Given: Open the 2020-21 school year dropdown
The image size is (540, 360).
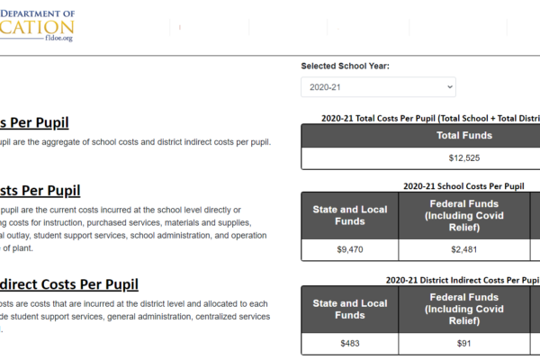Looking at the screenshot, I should (378, 87).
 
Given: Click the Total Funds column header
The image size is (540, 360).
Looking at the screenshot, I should (463, 135).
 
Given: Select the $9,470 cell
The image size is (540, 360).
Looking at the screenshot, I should (350, 250).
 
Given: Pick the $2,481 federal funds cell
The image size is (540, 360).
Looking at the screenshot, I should (463, 250).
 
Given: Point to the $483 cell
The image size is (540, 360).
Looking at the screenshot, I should (350, 344).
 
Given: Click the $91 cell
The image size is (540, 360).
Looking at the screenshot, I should (463, 344).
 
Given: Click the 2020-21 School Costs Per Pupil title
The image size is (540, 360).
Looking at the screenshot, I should (463, 186).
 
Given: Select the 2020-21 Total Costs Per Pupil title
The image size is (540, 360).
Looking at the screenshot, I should (432, 118).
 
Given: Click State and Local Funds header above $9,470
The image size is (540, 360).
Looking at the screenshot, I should (350, 215).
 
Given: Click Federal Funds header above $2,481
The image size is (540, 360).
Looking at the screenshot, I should (463, 215).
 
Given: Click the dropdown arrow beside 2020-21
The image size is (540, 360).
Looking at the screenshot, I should (449, 87).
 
